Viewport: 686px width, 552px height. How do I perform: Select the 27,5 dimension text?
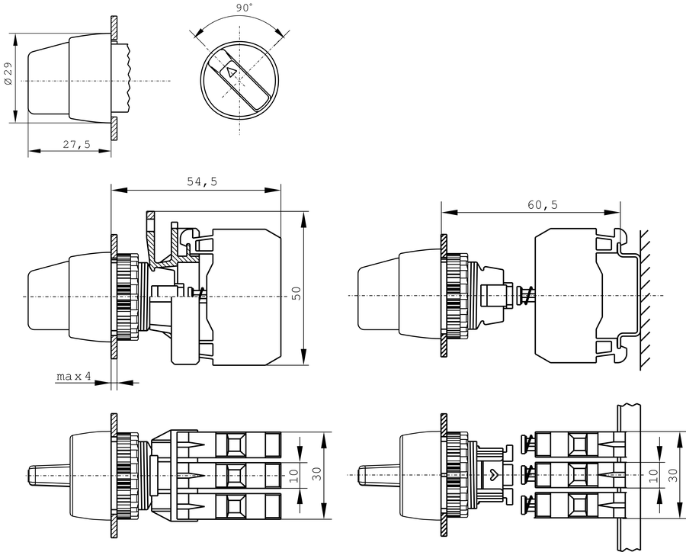[76, 144]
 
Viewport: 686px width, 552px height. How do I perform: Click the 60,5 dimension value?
[542, 205]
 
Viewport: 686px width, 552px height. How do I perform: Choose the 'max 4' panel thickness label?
[74, 377]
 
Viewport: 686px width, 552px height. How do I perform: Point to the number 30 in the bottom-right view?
[673, 474]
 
